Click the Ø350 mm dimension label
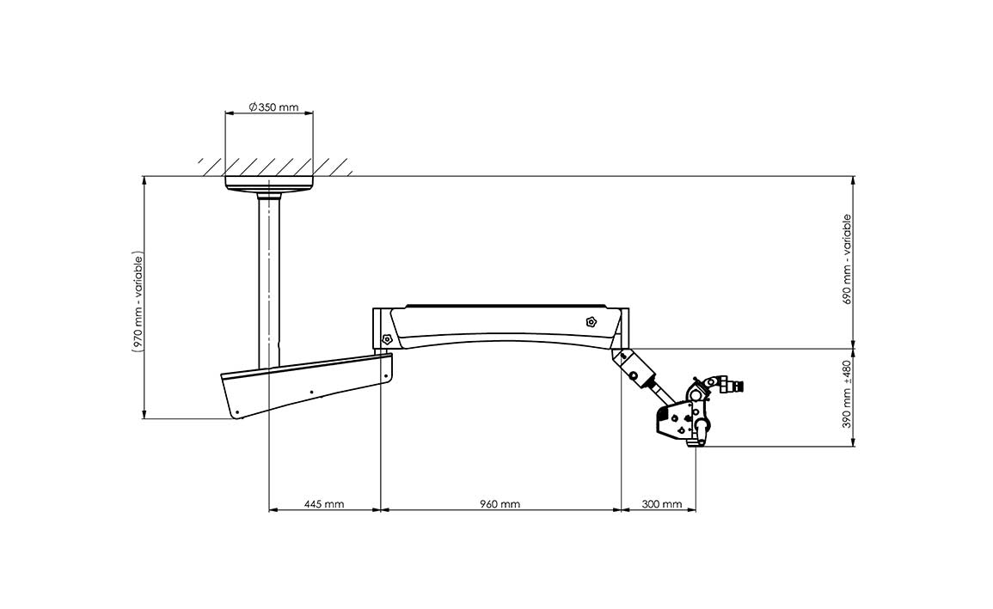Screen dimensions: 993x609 (273, 107)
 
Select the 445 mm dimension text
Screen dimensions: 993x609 (323, 504)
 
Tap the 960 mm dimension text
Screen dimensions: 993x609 (500, 504)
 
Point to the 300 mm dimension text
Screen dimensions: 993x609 (662, 504)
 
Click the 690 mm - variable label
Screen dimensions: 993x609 (848, 259)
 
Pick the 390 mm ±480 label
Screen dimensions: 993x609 (848, 394)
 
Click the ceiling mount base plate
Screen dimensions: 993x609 (269, 183)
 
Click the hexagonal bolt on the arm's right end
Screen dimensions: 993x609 (591, 321)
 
